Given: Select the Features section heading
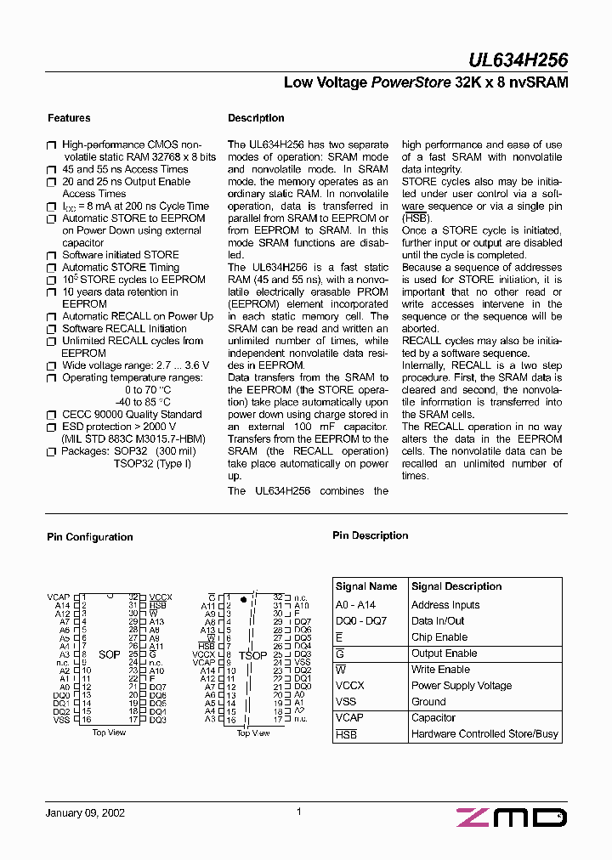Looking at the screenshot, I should [69, 118].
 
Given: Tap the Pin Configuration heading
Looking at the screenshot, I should [89, 537].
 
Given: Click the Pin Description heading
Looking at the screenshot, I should [370, 535].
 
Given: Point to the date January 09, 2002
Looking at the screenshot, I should [85, 812].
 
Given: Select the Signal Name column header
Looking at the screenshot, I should [366, 586].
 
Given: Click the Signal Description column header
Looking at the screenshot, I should [456, 586].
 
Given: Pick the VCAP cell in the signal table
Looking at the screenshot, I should [349, 718].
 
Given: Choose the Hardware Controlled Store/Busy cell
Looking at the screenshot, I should [484, 734].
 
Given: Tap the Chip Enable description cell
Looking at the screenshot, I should [439, 637].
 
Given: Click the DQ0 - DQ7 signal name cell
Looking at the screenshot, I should [361, 621].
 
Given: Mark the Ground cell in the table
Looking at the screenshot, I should [428, 702].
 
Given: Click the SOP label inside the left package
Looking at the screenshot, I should [109, 655].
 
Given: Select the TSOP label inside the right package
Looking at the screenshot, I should [252, 655].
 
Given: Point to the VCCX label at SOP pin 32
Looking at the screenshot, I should [161, 597].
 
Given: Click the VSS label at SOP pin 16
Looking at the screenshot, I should [61, 720].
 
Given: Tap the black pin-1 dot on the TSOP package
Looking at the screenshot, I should [244, 600].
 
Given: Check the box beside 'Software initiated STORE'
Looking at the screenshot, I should [51, 255].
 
